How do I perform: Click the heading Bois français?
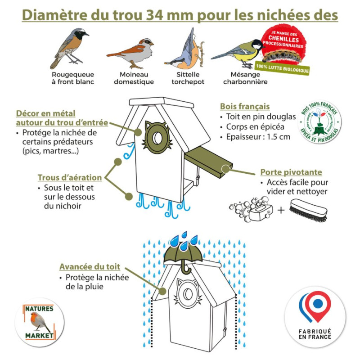point(245,107)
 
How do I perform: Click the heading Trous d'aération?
point(69,178)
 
